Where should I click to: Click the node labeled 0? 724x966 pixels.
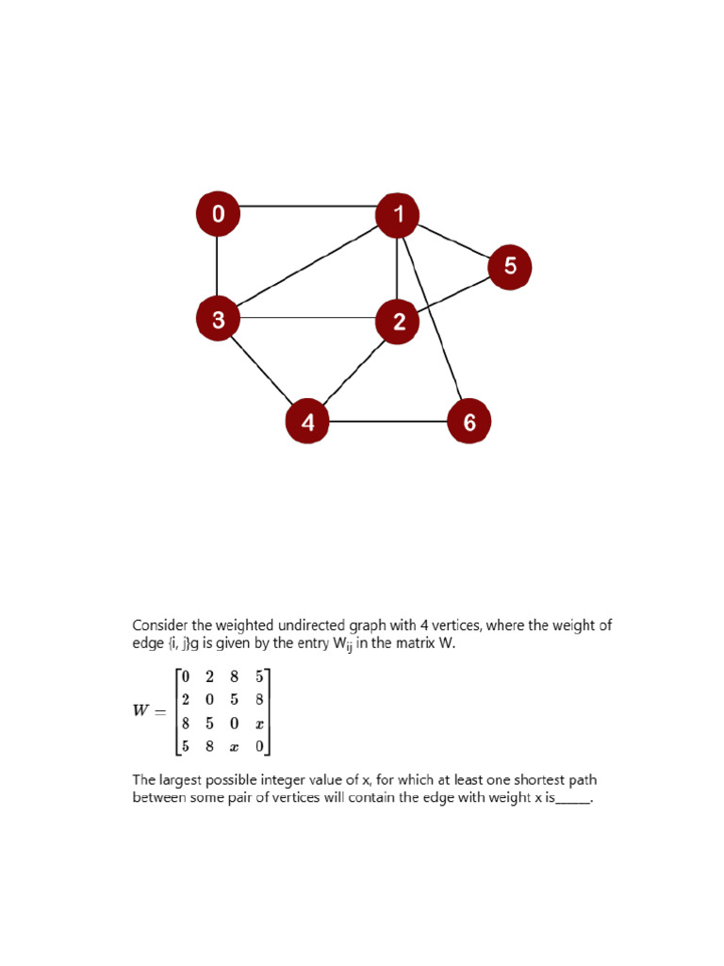218,214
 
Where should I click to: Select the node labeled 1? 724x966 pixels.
398,214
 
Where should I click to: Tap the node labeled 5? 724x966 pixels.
510,267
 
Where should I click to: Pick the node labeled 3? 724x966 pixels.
219,320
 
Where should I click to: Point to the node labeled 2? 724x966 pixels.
399,322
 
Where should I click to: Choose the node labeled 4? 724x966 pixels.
308,422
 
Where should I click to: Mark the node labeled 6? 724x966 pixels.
469,422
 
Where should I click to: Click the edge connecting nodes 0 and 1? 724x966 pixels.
308,206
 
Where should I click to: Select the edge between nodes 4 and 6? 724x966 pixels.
388,422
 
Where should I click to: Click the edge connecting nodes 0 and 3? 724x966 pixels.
218,267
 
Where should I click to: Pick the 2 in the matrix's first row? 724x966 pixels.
210,676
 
